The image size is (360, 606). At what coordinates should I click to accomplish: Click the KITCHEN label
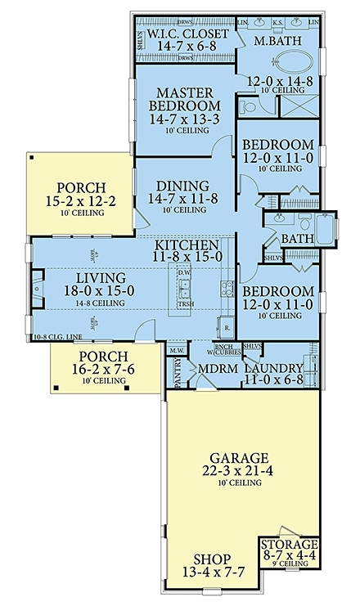pyautogui.click(x=187, y=245)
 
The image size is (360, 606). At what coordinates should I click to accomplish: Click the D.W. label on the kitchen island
pyautogui.click(x=184, y=273)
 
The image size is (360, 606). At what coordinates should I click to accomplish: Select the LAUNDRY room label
pyautogui.click(x=275, y=369)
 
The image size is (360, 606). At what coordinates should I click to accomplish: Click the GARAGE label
pyautogui.click(x=240, y=459)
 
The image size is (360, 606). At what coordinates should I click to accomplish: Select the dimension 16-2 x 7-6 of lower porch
pyautogui.click(x=98, y=370)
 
